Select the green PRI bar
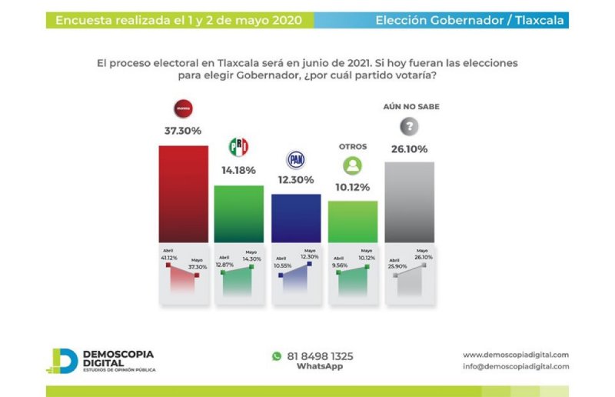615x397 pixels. pyautogui.click(x=238, y=213)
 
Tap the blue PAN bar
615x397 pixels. pyautogui.click(x=296, y=218)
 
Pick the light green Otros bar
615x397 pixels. pyautogui.click(x=353, y=222)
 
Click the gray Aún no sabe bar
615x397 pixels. pyautogui.click(x=409, y=202)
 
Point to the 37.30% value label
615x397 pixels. pyautogui.click(x=183, y=131)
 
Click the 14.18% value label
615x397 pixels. pyautogui.click(x=238, y=170)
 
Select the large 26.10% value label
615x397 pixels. pyautogui.click(x=409, y=149)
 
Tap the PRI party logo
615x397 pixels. pyautogui.click(x=238, y=147)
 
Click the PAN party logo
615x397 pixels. pyautogui.click(x=296, y=160)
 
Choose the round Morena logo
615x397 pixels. pyautogui.click(x=183, y=108)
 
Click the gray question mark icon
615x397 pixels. pyautogui.click(x=410, y=127)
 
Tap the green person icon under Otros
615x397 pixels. pyautogui.click(x=353, y=165)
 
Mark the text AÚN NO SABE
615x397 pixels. pyautogui.click(x=411, y=107)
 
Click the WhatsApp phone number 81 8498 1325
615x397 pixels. pyautogui.click(x=320, y=356)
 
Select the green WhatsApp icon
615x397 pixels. pyautogui.click(x=277, y=356)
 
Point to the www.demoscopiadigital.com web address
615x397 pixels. pyautogui.click(x=516, y=355)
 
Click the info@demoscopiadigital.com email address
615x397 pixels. pyautogui.click(x=516, y=367)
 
